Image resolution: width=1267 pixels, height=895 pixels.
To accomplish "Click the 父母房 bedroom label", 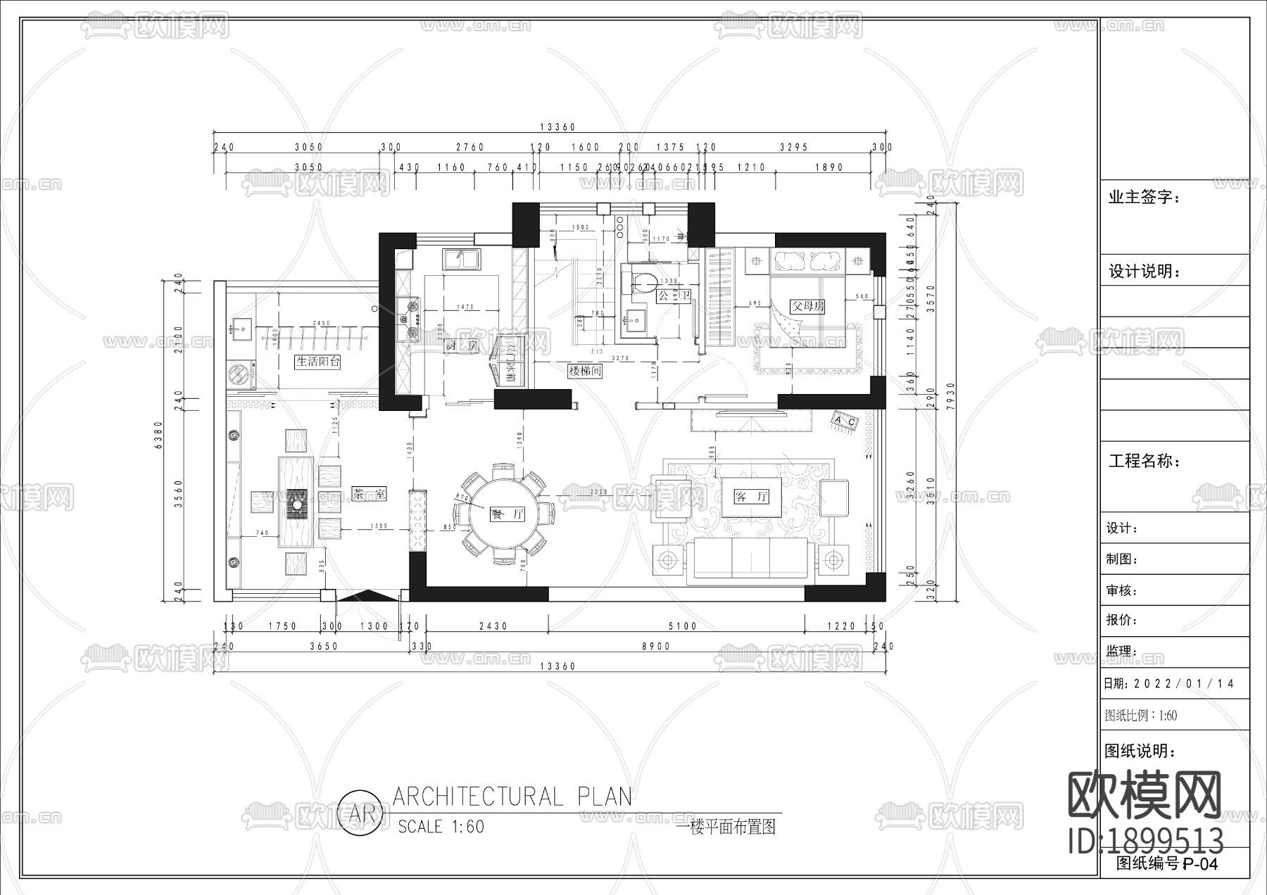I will [807, 307].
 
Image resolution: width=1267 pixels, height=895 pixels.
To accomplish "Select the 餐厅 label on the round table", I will [508, 514].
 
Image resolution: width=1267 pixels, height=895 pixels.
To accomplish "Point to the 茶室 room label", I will [369, 494].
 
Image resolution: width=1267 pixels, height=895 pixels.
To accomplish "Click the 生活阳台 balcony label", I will [318, 362].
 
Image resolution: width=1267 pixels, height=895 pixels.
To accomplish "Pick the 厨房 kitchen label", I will [462, 345].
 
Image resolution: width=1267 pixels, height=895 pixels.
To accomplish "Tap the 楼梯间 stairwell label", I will [585, 371].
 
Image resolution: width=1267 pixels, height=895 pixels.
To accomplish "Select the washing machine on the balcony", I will [240, 374].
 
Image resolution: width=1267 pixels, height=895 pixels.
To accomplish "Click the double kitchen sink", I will [461, 259].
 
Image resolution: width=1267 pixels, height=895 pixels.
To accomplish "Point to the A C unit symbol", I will [845, 421].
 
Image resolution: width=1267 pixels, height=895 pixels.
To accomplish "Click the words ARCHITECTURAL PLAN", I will [512, 796].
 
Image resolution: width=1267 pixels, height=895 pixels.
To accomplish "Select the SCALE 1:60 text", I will [441, 827].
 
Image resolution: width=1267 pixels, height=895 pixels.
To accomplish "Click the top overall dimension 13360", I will [557, 127].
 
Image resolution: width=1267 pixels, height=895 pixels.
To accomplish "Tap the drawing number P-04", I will [1200, 864].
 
